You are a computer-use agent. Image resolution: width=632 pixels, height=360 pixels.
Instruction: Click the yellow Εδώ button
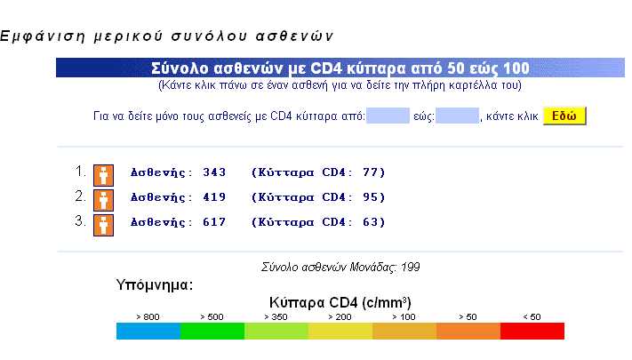coord(564,116)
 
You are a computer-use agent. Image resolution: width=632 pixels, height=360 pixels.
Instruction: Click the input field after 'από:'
coord(388,116)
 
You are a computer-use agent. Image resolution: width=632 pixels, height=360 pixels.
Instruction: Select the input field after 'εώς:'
coord(457,116)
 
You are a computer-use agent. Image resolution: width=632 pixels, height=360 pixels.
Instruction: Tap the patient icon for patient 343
coord(104,175)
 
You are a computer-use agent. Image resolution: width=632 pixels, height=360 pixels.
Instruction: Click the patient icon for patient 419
coord(104,200)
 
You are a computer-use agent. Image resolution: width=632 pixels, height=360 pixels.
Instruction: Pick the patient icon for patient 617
coord(104,225)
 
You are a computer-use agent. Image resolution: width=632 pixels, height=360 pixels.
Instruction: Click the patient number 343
coord(214,172)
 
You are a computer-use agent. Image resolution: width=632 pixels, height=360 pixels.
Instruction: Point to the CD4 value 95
coord(370,197)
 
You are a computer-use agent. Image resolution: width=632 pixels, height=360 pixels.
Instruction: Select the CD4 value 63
coord(370,222)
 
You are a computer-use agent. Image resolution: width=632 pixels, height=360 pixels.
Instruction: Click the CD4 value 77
coord(370,172)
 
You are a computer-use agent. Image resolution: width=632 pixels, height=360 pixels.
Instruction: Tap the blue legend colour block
coord(148,331)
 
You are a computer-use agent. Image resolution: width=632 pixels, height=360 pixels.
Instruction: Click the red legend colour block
coord(532,331)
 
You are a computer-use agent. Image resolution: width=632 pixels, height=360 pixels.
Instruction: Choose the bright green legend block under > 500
coord(212,331)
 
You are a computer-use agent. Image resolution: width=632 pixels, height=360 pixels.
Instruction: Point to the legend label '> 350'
coord(276,316)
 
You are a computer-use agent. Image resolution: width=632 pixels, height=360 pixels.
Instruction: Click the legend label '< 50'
coord(532,316)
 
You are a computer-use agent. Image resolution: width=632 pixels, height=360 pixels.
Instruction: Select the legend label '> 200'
coord(340,316)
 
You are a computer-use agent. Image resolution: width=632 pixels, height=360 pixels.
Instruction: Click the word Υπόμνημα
coord(155,285)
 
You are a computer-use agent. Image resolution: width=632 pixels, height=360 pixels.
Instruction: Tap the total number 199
coord(411,267)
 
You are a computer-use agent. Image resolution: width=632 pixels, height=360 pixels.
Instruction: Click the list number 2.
coord(80,196)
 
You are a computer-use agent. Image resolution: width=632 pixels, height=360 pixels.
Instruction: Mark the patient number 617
coord(214,222)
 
